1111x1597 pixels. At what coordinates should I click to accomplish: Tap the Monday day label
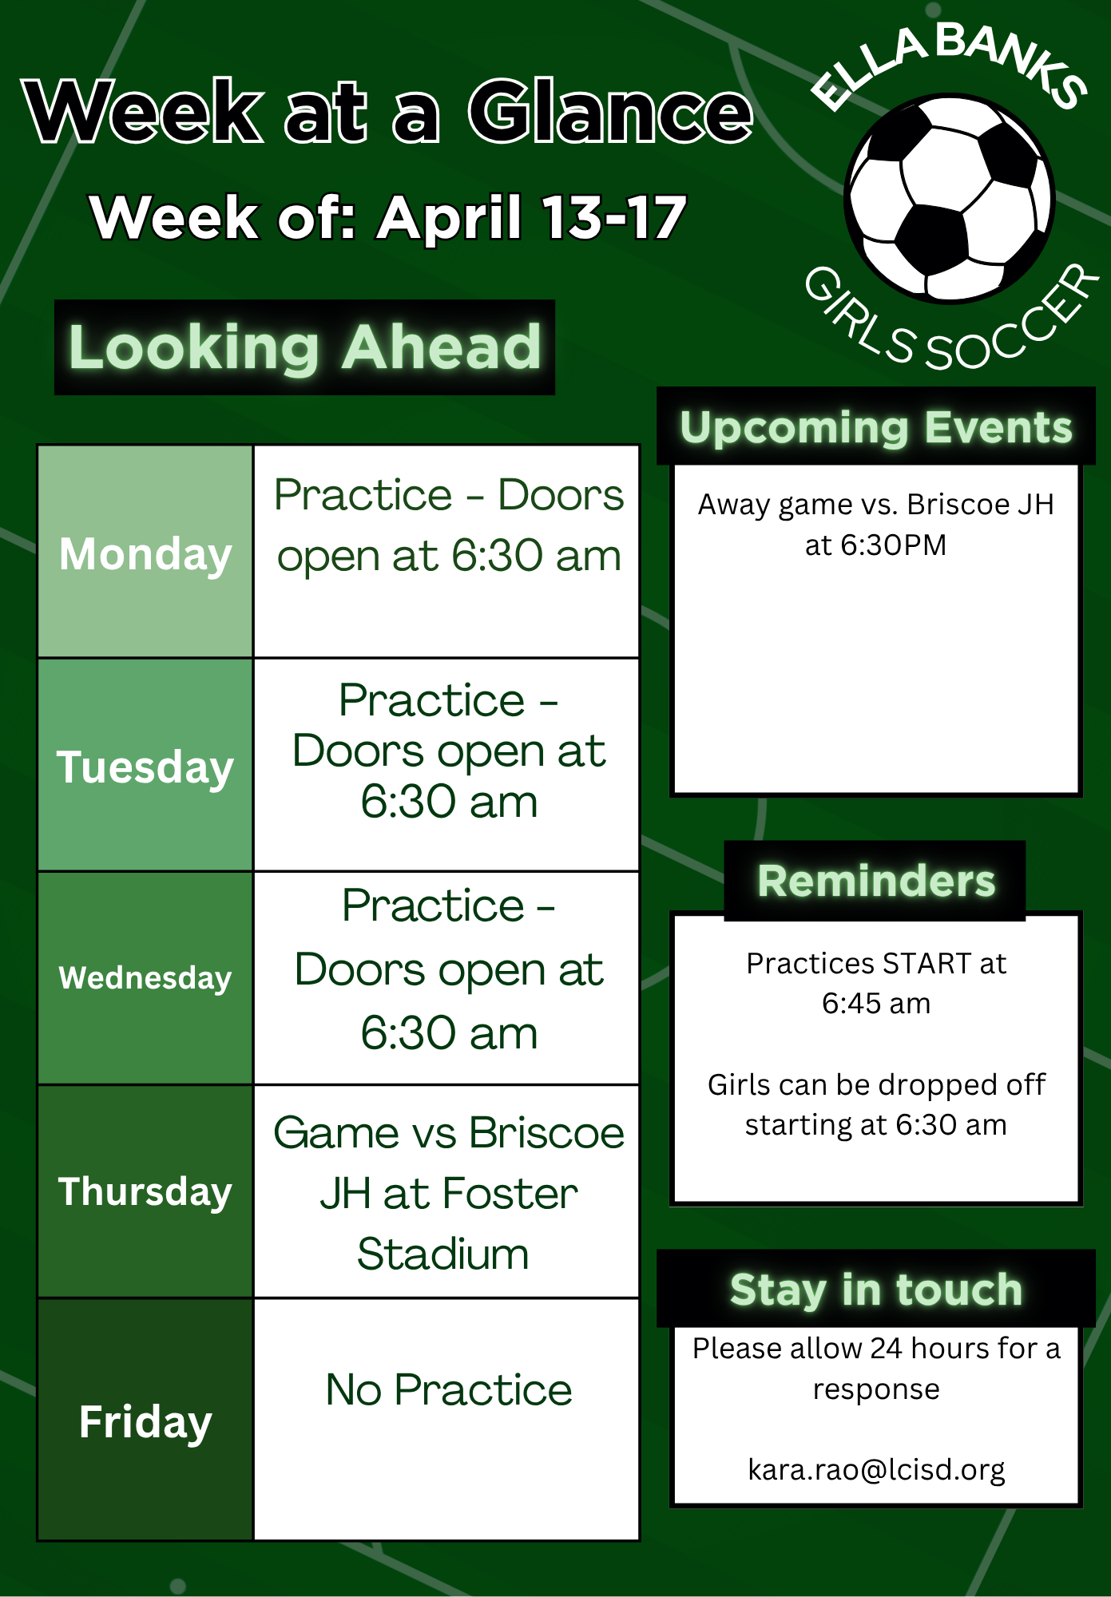pyautogui.click(x=145, y=554)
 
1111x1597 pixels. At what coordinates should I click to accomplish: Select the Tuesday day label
pyautogui.click(x=145, y=767)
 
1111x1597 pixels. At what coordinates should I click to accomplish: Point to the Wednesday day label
pyautogui.click(x=145, y=978)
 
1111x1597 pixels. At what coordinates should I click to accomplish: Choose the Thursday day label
pyautogui.click(x=145, y=1192)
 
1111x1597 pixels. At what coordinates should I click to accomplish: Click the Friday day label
pyautogui.click(x=145, y=1422)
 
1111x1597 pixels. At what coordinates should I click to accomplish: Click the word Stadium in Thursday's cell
pyautogui.click(x=443, y=1254)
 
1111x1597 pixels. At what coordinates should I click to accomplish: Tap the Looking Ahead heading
pyautogui.click(x=305, y=347)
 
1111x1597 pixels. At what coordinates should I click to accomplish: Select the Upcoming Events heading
pyautogui.click(x=876, y=427)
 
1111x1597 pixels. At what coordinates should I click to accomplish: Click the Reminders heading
pyautogui.click(x=876, y=881)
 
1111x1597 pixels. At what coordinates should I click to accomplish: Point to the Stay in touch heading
pyautogui.click(x=876, y=1290)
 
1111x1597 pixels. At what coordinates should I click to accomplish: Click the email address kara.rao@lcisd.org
pyautogui.click(x=876, y=1469)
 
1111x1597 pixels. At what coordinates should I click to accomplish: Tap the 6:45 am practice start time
pyautogui.click(x=876, y=1004)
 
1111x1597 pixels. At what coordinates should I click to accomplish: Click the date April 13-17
pyautogui.click(x=533, y=217)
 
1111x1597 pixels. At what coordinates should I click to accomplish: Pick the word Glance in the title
pyautogui.click(x=611, y=112)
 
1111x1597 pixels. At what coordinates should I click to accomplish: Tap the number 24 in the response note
pyautogui.click(x=887, y=1349)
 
